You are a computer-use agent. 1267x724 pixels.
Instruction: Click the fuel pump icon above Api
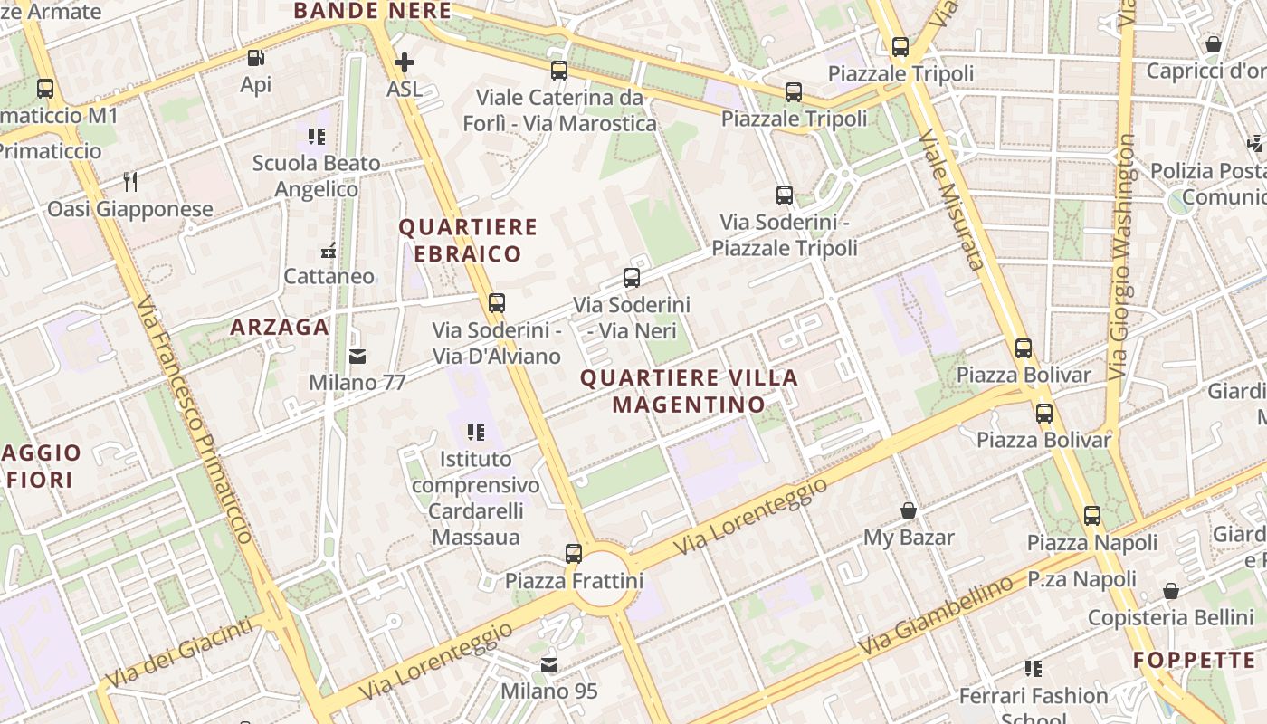[x=256, y=58]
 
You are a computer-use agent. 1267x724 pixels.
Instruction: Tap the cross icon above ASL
[x=405, y=62]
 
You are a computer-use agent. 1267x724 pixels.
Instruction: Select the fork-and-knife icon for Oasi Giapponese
[x=130, y=182]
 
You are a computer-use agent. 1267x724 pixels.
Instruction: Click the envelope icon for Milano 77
[x=357, y=356]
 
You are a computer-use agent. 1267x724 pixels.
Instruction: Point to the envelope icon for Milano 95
[x=549, y=665]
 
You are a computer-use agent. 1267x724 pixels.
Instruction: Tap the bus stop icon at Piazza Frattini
[x=573, y=553]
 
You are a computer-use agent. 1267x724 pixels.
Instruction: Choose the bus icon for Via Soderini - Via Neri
[x=632, y=278]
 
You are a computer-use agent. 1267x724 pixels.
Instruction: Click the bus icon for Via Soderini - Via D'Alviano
[x=496, y=303]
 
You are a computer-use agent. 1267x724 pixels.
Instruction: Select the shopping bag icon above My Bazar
[x=909, y=510]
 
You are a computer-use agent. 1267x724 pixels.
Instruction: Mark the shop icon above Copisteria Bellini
[x=1170, y=591]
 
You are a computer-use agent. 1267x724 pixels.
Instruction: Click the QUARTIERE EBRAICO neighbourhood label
[x=469, y=240]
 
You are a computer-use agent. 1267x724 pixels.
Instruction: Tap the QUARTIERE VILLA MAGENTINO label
[x=689, y=390]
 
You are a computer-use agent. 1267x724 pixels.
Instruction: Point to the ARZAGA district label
[x=280, y=327]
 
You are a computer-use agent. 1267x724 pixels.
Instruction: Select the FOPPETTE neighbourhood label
[x=1194, y=660]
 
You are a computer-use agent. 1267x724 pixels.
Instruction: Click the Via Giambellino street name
[x=936, y=616]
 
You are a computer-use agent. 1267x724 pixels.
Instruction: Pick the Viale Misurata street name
[x=950, y=199]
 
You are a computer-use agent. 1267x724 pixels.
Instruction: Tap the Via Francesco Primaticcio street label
[x=195, y=421]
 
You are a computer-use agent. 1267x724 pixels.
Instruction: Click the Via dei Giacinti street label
[x=178, y=652]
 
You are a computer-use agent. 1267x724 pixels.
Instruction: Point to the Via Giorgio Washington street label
[x=1121, y=258]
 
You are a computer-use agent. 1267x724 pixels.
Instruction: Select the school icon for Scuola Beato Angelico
[x=316, y=137]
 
